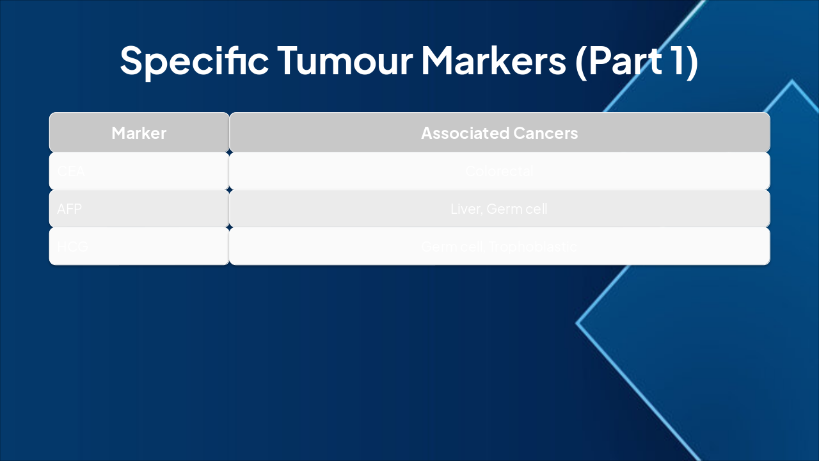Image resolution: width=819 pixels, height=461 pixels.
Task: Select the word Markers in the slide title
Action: tap(493, 60)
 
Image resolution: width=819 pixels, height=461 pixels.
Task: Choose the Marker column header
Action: tap(139, 133)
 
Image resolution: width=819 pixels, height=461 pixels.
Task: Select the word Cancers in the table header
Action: tap(546, 133)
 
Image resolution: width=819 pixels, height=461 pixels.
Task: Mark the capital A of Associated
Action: tap(427, 133)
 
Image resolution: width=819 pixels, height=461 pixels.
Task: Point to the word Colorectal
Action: tap(499, 172)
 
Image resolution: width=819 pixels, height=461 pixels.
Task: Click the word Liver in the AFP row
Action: tap(465, 209)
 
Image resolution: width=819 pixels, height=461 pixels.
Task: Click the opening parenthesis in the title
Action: tap(581, 60)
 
